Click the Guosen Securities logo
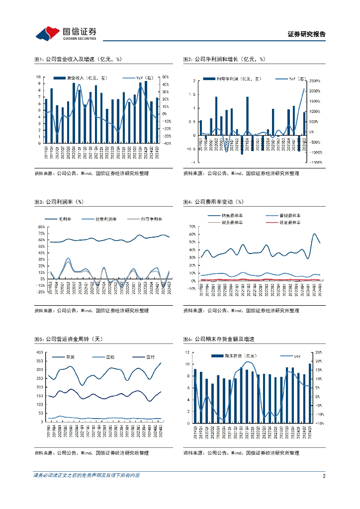(66, 33)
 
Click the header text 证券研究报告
(307, 34)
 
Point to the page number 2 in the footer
(324, 476)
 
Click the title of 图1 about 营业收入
(78, 59)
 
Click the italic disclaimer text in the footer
(87, 476)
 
